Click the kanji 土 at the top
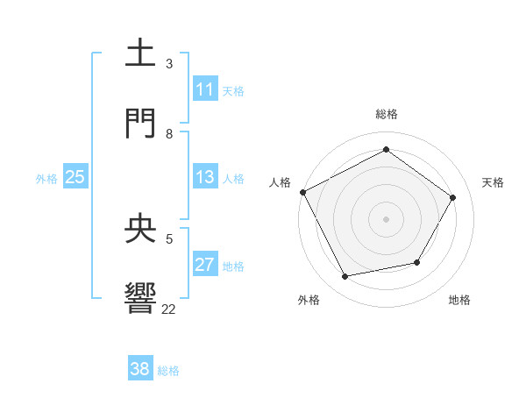tap(141, 53)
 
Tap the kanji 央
tap(141, 229)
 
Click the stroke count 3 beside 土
tap(169, 64)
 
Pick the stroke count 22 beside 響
tap(169, 309)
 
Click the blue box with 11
tap(205, 89)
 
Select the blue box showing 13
tap(205, 177)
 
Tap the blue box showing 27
tap(205, 265)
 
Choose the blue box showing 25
tap(75, 177)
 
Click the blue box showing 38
tap(140, 369)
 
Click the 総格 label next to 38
tap(168, 371)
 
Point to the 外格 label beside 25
tap(46, 179)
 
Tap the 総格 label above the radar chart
tap(387, 114)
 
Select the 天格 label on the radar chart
tap(493, 182)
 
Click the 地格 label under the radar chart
tap(459, 300)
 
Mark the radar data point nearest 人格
tap(302, 192)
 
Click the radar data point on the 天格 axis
tap(452, 198)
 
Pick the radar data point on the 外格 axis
tap(345, 276)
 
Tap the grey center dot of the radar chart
tap(387, 219)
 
